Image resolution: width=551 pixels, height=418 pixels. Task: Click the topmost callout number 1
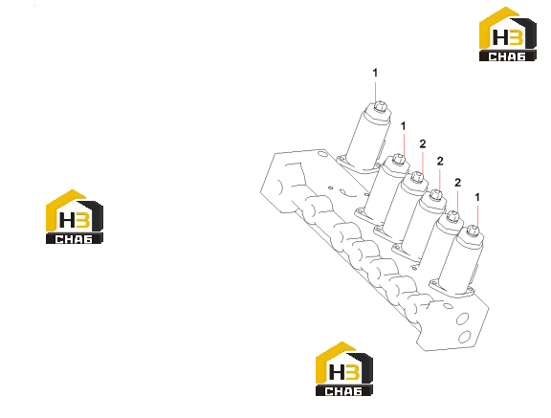[375, 73]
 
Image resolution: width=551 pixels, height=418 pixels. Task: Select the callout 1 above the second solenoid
[404, 125]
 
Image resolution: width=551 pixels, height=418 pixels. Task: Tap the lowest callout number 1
[477, 197]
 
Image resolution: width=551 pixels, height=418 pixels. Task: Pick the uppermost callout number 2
[423, 143]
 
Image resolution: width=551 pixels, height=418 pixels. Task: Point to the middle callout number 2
[440, 162]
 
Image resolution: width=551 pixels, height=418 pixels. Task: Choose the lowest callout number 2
[457, 183]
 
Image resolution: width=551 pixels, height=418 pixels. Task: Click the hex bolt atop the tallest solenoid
[380, 106]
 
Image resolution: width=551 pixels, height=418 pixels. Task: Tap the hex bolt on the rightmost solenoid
[473, 231]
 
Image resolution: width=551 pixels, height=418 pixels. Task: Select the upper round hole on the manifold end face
[462, 319]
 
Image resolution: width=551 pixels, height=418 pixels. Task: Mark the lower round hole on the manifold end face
[465, 337]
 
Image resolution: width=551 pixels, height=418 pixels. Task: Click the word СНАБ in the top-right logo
[507, 56]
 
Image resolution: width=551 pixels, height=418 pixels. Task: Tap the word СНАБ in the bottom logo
[343, 391]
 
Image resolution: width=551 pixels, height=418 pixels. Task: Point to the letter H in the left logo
[66, 220]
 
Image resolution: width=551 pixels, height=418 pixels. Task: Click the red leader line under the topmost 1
[375, 93]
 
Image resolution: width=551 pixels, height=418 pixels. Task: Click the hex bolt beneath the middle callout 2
[436, 195]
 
